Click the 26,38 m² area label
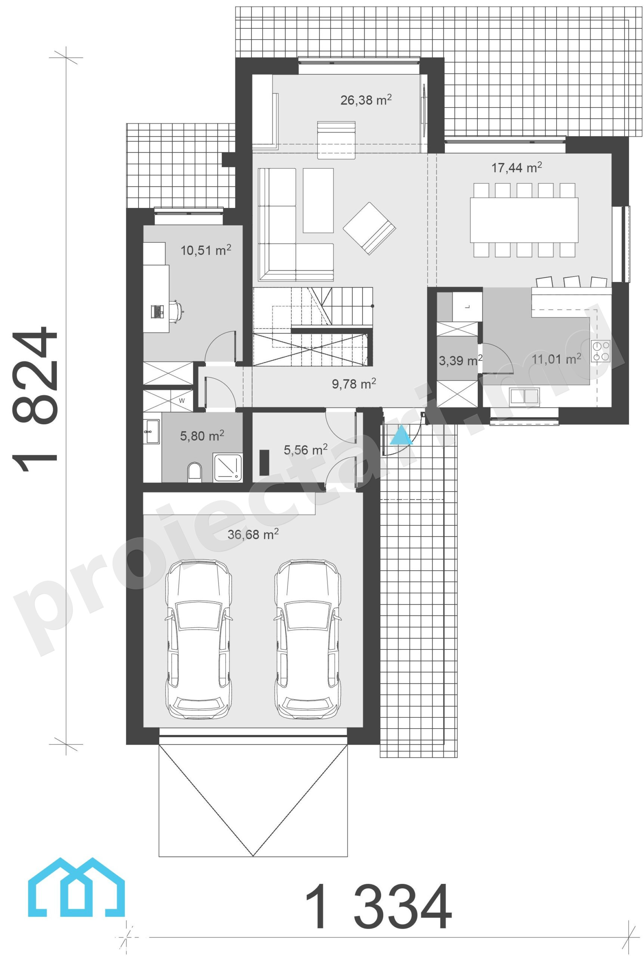366,100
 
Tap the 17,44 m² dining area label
517,167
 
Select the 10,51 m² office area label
206,250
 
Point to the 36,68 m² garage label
253,534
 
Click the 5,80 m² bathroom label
202,435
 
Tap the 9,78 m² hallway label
354,384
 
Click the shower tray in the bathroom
228,467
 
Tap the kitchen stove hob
600,351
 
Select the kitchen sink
524,397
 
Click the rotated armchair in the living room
369,228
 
